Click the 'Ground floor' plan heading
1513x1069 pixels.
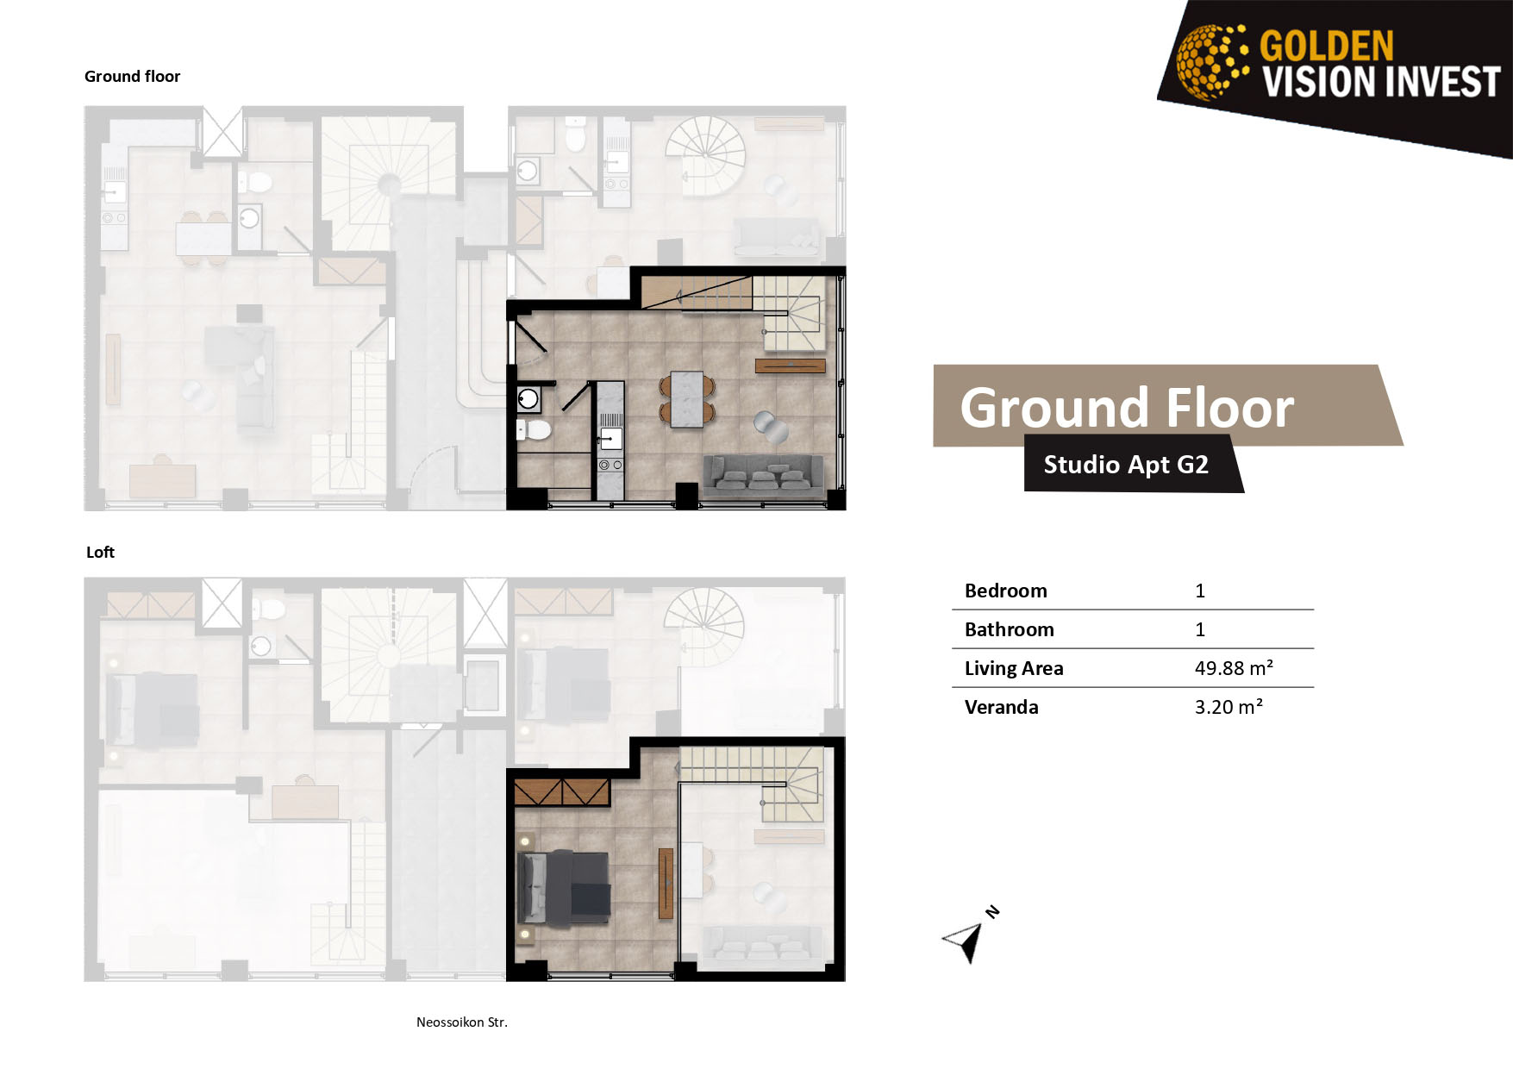pyautogui.click(x=132, y=76)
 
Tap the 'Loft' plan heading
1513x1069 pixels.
pyautogui.click(x=100, y=552)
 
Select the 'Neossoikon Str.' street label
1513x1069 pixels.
pyautogui.click(x=462, y=1022)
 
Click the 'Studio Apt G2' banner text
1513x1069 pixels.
pyautogui.click(x=1126, y=465)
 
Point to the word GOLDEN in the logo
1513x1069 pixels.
pyautogui.click(x=1326, y=46)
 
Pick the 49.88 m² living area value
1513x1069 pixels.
pyautogui.click(x=1234, y=668)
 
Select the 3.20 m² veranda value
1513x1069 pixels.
pyautogui.click(x=1229, y=707)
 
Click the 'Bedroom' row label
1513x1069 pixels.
pyautogui.click(x=1005, y=591)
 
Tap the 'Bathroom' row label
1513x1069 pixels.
pyautogui.click(x=1009, y=629)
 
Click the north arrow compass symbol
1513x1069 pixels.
pyautogui.click(x=967, y=938)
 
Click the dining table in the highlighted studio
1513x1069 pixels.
pyautogui.click(x=687, y=400)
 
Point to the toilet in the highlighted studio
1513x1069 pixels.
pyautogui.click(x=535, y=429)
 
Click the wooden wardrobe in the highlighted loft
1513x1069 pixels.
pyautogui.click(x=562, y=791)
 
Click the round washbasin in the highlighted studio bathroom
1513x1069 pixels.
pyautogui.click(x=528, y=399)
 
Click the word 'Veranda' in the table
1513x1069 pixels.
pyautogui.click(x=1001, y=707)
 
